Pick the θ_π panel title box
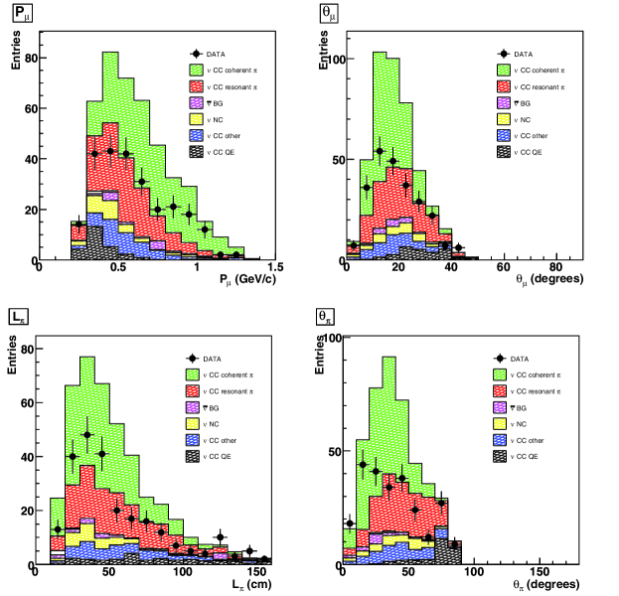(x=326, y=318)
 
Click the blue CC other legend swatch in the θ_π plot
(x=507, y=440)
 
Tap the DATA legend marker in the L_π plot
(x=202, y=358)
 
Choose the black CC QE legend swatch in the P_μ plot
(x=202, y=151)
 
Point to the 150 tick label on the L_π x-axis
(x=254, y=573)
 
